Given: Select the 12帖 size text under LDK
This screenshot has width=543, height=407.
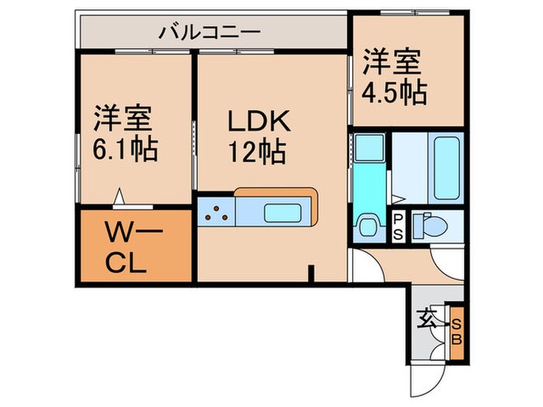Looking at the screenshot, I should pos(258,150).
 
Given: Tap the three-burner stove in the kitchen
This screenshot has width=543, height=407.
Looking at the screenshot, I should pos(214,212).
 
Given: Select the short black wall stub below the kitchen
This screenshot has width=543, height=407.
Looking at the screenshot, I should pos(310,274).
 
